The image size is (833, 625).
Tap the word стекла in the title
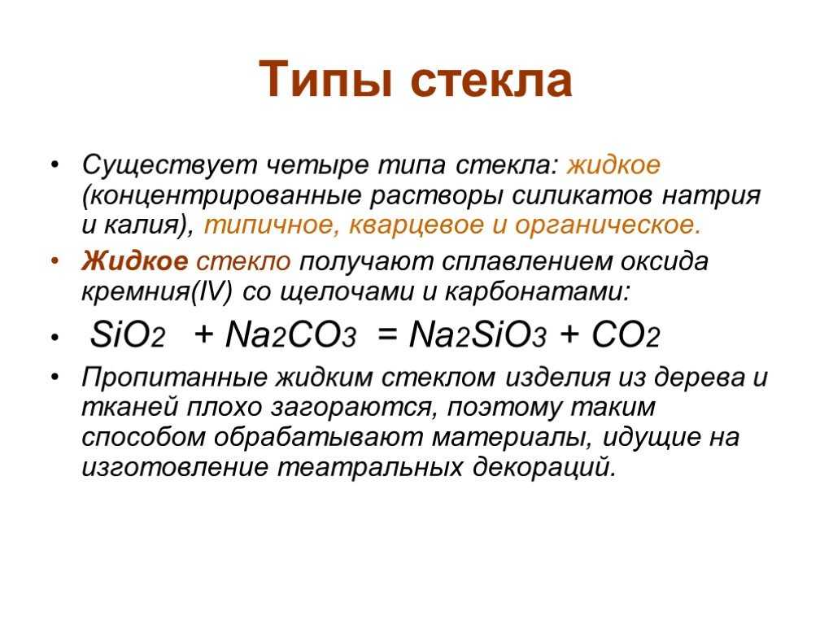pos(491,81)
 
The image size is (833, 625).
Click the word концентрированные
pos(222,195)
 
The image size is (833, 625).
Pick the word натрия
pos(711,195)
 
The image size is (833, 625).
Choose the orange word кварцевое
pos(416,226)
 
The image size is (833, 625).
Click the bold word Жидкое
pos(135,261)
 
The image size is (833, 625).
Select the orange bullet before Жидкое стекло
pos(55,262)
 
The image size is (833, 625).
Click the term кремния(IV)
pos(157,292)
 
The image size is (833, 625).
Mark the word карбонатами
pos(537,292)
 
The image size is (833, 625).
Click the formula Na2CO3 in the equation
pos(290,335)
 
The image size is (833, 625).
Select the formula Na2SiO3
pos(477,335)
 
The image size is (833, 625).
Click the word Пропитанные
pos(175,378)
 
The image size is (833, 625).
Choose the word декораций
pos(544,468)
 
